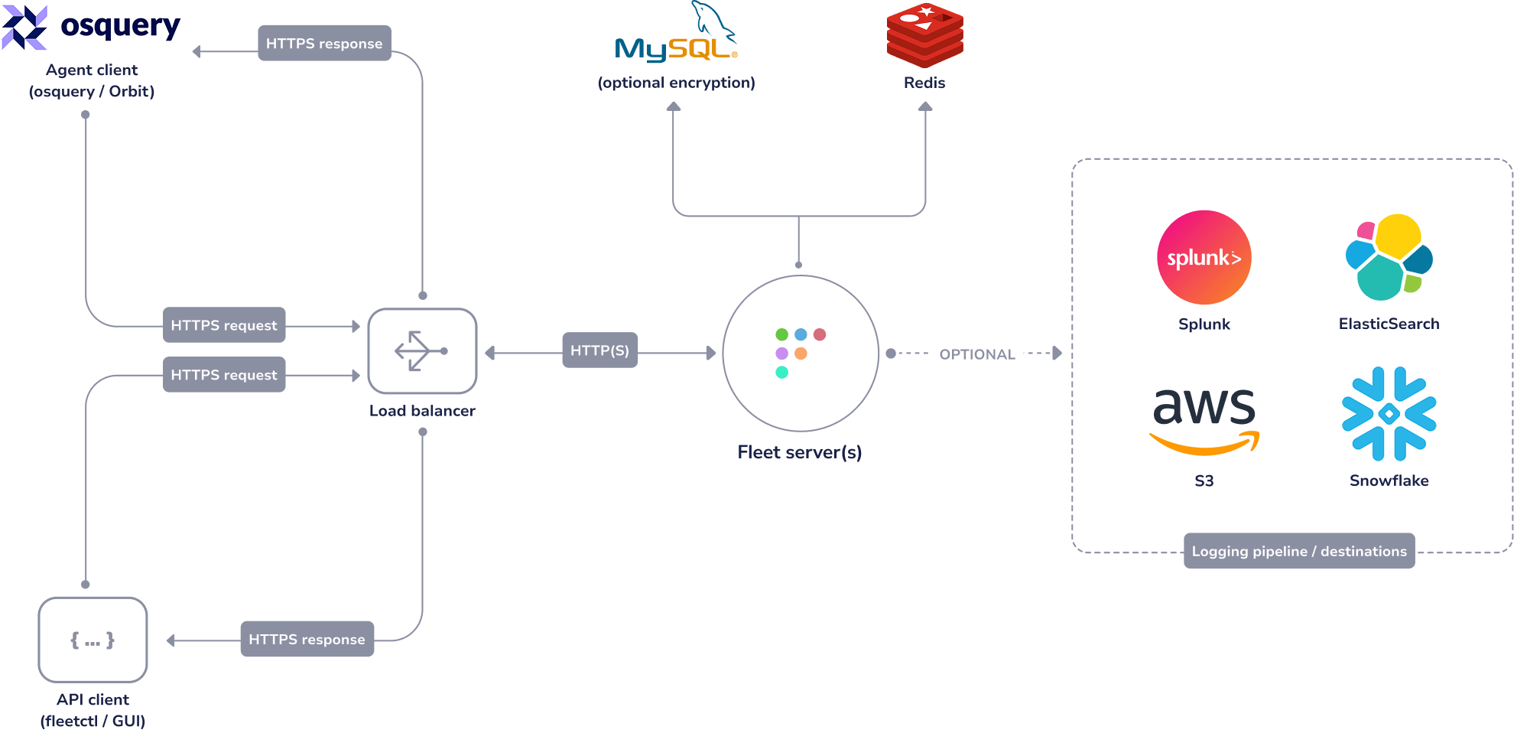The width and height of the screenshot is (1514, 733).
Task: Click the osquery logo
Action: click(92, 26)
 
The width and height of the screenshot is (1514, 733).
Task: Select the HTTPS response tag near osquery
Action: click(324, 43)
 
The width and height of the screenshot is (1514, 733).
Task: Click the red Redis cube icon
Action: click(924, 35)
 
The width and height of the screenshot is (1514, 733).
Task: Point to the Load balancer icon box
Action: click(422, 351)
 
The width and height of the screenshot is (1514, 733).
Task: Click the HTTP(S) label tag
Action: click(599, 350)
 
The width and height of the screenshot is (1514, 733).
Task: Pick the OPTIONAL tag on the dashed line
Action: click(976, 354)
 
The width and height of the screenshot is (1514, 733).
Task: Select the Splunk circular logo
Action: click(1204, 258)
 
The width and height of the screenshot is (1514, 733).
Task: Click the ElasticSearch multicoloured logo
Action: click(1389, 258)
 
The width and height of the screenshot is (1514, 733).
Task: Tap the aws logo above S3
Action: click(1204, 418)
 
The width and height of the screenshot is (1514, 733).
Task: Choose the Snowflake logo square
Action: click(1389, 414)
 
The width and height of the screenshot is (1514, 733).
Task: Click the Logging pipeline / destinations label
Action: click(1298, 551)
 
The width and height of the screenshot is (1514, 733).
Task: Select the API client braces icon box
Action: click(93, 640)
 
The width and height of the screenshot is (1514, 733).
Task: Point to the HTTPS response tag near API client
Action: click(307, 639)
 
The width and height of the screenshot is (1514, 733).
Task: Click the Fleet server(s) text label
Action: click(799, 452)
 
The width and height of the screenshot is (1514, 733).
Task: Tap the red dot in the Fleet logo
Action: click(820, 334)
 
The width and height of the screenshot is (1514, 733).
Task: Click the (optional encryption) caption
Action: click(676, 83)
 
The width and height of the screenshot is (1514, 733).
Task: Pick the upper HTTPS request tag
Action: click(224, 325)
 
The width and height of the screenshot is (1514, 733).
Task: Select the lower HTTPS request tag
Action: click(224, 375)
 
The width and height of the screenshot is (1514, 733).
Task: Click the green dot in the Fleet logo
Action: click(781, 334)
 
